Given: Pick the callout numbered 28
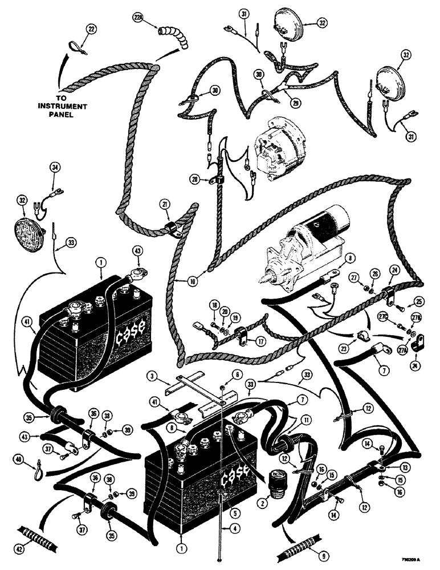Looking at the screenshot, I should coord(195,180).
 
